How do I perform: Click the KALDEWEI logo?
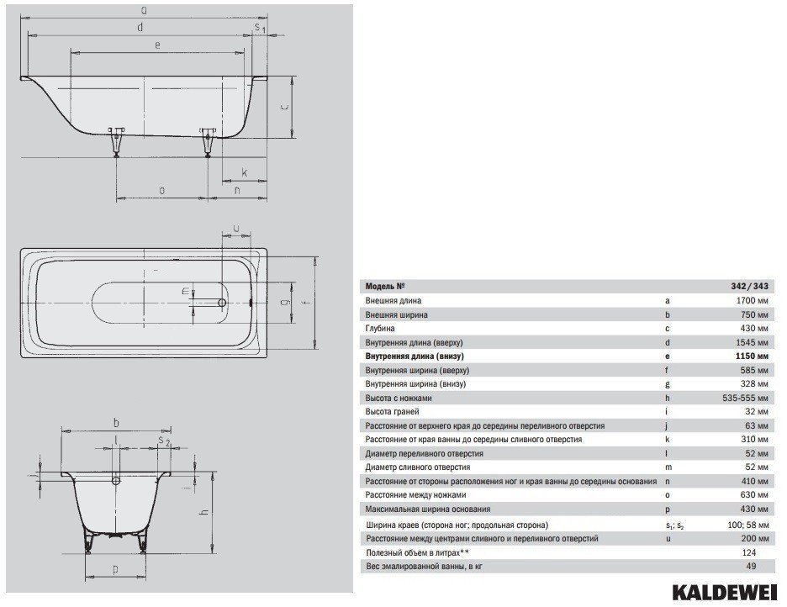pos(726,592)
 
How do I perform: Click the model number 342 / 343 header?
pos(749,287)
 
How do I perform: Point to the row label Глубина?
pos(380,329)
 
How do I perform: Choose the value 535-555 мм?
pos(745,398)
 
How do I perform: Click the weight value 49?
pos(751,567)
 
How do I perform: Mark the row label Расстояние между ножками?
pos(415,495)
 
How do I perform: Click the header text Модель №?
pos(385,287)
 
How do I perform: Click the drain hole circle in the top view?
pos(221,303)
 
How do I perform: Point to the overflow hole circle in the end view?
pos(116,481)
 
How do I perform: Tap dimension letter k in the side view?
pos(245,172)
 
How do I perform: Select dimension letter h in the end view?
pos(204,512)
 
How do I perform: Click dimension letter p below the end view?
pos(115,570)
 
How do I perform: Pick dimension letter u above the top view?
pos(237,229)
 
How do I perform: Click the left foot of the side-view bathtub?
pos(116,142)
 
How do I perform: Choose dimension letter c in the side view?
pos(284,107)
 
